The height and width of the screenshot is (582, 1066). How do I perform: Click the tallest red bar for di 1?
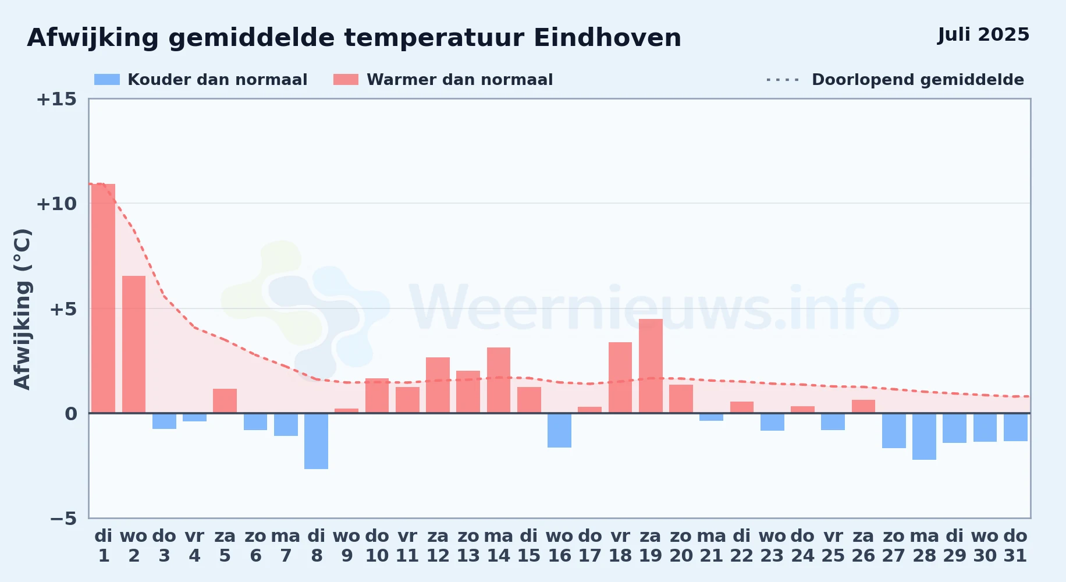tap(104, 299)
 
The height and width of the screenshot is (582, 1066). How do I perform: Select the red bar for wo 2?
tap(134, 345)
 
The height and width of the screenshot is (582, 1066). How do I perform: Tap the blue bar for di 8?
tap(316, 441)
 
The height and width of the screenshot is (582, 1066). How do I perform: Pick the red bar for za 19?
tap(651, 366)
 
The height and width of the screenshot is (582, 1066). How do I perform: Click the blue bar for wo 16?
tap(559, 431)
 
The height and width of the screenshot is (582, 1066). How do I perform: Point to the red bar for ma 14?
tap(499, 380)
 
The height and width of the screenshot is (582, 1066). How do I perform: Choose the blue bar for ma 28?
tap(924, 436)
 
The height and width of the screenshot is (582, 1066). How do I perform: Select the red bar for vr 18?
tap(620, 378)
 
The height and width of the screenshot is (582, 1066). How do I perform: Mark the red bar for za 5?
tap(225, 401)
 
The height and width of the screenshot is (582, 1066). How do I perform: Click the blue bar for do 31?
tap(1015, 427)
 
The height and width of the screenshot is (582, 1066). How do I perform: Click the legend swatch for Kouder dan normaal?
tap(107, 80)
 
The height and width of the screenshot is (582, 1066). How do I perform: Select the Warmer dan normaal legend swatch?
tap(346, 80)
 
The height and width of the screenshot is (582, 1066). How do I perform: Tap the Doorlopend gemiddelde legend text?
tap(918, 80)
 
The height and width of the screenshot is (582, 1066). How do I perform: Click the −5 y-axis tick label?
tap(63, 519)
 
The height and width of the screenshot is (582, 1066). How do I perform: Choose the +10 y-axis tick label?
tap(56, 204)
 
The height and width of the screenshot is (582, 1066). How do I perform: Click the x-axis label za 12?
tap(438, 546)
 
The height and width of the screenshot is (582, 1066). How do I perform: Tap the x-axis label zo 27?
tap(894, 546)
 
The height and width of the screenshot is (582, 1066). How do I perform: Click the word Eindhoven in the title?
tap(607, 38)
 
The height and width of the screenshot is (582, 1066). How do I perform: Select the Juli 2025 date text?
tap(983, 35)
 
